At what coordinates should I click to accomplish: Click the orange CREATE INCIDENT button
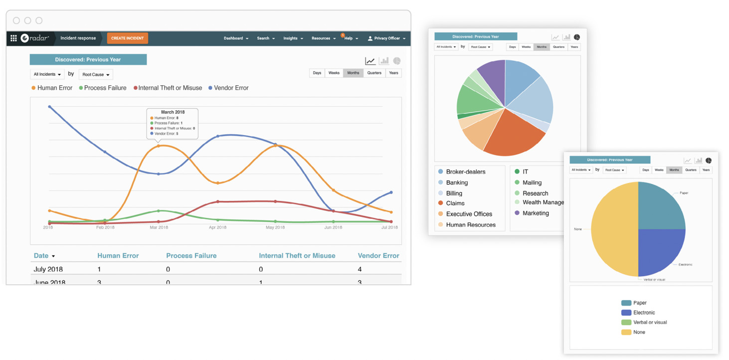pos(127,38)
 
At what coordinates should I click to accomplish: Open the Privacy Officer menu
pos(387,38)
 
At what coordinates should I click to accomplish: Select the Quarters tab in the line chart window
pos(374,73)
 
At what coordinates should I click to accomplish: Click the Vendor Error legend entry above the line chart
pos(228,88)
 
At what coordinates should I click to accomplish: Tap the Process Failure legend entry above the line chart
pos(103,88)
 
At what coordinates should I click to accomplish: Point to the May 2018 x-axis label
pos(275,227)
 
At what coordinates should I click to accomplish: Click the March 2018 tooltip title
pos(173,112)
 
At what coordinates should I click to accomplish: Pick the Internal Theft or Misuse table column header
pos(297,256)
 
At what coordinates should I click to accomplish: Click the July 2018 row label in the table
pos(48,269)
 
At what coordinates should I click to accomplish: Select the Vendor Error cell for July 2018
pos(360,269)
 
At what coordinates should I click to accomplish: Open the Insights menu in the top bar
pos(293,38)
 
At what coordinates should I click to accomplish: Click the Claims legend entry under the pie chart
pos(455,203)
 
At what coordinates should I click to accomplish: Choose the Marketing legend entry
pos(536,213)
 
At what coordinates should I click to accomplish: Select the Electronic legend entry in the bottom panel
pos(644,313)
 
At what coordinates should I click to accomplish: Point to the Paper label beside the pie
pos(684,192)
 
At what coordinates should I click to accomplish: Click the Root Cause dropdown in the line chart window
pos(96,75)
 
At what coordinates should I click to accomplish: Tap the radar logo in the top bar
pos(34,38)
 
